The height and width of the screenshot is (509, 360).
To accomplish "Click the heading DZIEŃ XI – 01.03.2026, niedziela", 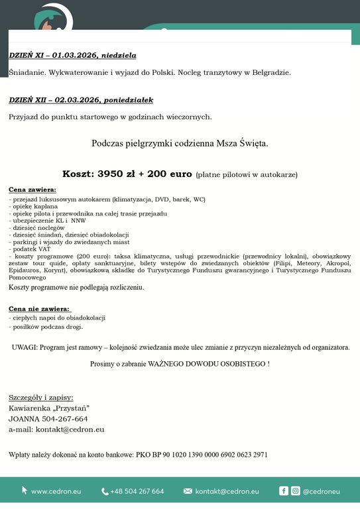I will (x=72, y=55).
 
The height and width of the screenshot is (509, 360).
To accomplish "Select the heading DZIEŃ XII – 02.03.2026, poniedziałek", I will (x=81, y=100).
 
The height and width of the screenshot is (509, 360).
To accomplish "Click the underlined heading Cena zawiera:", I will (x=32, y=190).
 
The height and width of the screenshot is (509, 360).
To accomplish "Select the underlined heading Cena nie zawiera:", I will (x=39, y=309).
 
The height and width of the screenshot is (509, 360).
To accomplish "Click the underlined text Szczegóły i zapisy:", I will (x=41, y=398).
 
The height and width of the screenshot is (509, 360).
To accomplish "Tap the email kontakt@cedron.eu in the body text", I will (x=69, y=429).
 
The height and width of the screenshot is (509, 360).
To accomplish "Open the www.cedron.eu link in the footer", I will (x=56, y=491).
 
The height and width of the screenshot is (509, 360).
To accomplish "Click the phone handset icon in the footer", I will (x=105, y=491).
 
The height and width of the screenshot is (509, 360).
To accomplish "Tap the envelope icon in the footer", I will (x=188, y=491).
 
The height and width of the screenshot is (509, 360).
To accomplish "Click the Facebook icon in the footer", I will (x=284, y=491).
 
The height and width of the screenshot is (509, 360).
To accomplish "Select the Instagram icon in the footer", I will (x=295, y=491).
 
